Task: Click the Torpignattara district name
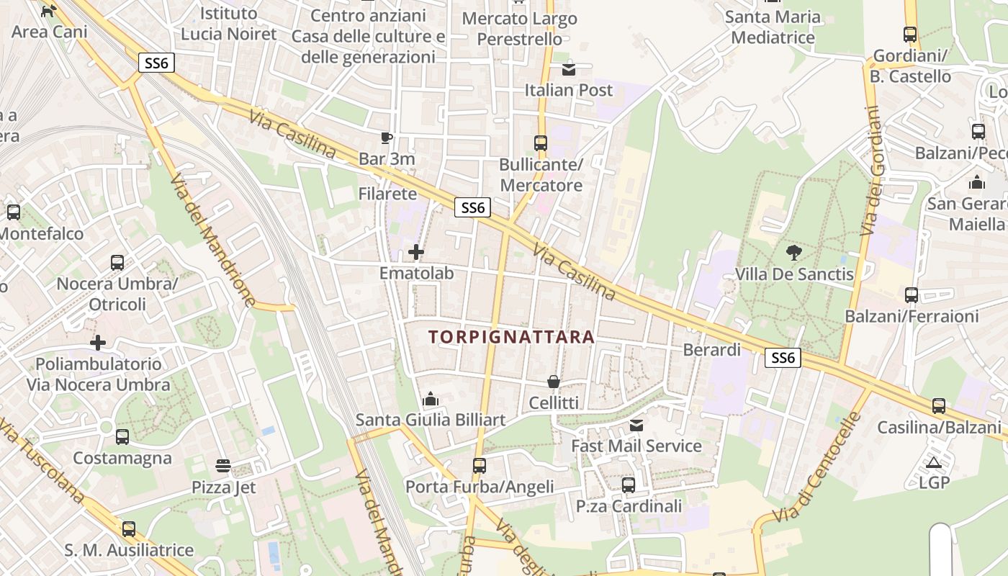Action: [511, 336]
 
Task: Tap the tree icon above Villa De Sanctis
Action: [794, 252]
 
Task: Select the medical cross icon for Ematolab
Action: [416, 252]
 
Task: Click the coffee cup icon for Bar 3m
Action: [387, 138]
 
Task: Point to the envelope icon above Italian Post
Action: [569, 69]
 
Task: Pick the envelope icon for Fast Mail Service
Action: [636, 425]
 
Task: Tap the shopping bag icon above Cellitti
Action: [554, 381]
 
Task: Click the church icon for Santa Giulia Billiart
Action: [431, 398]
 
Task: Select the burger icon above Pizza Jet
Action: [223, 466]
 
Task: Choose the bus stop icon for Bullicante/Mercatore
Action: [541, 143]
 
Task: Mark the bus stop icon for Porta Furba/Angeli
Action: [480, 466]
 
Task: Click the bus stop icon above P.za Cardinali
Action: [629, 485]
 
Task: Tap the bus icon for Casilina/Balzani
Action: [939, 406]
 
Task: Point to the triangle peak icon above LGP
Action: [934, 462]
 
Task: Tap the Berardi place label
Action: [711, 350]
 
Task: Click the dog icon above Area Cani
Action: [49, 11]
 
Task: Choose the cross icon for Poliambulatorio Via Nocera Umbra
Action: [98, 343]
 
